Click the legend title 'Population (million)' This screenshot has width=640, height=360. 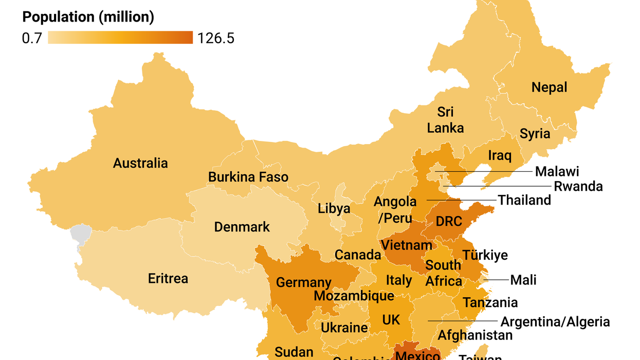(x=88, y=17)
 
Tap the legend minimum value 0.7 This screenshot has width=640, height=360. (x=32, y=39)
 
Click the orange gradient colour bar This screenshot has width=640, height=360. (x=120, y=38)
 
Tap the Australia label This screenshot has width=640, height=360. (x=140, y=164)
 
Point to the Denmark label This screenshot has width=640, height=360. (x=242, y=227)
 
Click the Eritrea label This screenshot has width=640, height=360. (x=168, y=279)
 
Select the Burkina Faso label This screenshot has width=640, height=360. (x=248, y=177)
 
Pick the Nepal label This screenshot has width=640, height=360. (x=550, y=87)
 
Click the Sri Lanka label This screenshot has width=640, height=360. (x=445, y=119)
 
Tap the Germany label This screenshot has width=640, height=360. (x=303, y=282)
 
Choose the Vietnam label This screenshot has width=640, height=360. (x=407, y=245)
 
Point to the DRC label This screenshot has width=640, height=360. (x=449, y=221)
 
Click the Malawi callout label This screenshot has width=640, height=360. (x=557, y=171)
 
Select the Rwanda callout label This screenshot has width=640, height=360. (x=578, y=186)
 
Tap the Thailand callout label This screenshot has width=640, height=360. (x=524, y=200)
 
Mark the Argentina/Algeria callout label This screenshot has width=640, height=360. (x=555, y=322)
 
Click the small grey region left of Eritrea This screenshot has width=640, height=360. (x=80, y=235)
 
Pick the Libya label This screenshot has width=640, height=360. (x=334, y=209)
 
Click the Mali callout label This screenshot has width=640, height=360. (x=523, y=280)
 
